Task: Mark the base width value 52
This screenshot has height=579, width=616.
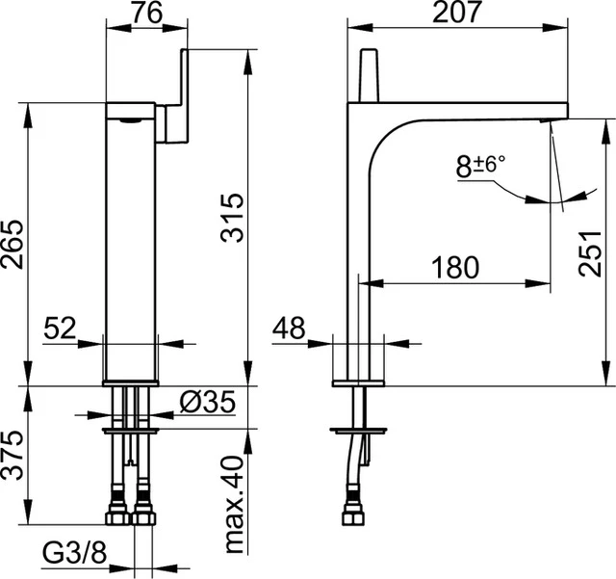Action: (x=60, y=329)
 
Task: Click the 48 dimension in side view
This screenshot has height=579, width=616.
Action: (x=288, y=329)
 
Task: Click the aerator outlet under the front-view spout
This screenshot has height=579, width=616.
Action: (x=126, y=122)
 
